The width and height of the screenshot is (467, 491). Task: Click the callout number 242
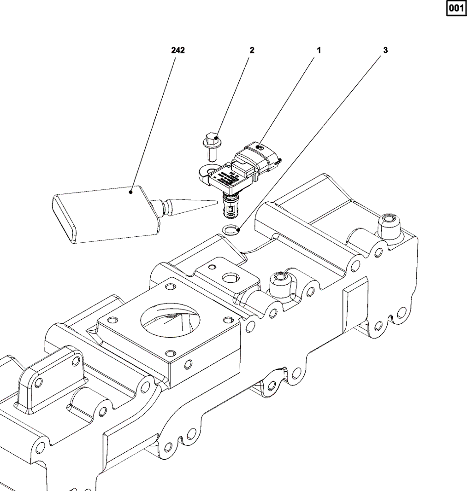(x=178, y=50)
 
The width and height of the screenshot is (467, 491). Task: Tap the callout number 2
(x=252, y=50)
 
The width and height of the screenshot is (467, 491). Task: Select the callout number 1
(x=318, y=50)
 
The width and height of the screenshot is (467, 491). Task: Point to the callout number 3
(x=385, y=50)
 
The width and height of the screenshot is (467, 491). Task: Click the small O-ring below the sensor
(x=231, y=228)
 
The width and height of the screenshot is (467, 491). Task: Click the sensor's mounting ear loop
(x=207, y=171)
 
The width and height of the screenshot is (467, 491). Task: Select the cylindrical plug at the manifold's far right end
(x=389, y=226)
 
